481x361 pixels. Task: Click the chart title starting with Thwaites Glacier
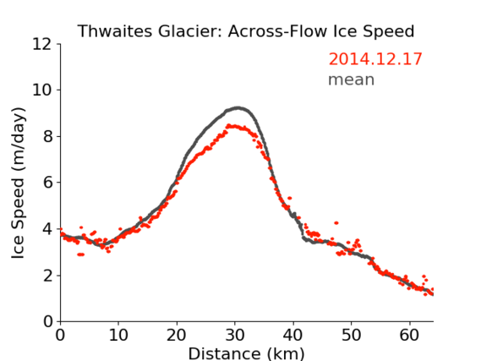pyautogui.click(x=246, y=31)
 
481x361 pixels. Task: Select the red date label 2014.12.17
pyautogui.click(x=375, y=59)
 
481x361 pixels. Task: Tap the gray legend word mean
pyautogui.click(x=352, y=79)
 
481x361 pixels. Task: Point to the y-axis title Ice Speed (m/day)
pyautogui.click(x=18, y=183)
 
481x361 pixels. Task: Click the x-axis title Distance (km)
pyautogui.click(x=246, y=353)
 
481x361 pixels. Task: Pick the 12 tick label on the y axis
pyautogui.click(x=42, y=44)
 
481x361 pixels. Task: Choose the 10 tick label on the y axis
pyautogui.click(x=42, y=90)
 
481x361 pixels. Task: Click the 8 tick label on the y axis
pyautogui.click(x=47, y=136)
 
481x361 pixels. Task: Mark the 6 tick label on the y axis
pyautogui.click(x=47, y=183)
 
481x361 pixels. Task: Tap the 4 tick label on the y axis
pyautogui.click(x=47, y=229)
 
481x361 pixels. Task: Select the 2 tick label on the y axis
pyautogui.click(x=47, y=276)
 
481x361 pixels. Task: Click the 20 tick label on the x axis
pyautogui.click(x=177, y=335)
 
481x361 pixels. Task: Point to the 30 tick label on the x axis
pyautogui.click(x=235, y=335)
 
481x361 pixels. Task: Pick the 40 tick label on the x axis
pyautogui.click(x=293, y=335)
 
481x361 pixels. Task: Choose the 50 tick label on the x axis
pyautogui.click(x=352, y=335)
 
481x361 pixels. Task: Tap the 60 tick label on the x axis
pyautogui.click(x=409, y=335)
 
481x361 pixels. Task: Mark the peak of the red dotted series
pyautogui.click(x=228, y=125)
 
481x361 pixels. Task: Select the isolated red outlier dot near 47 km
pyautogui.click(x=336, y=222)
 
